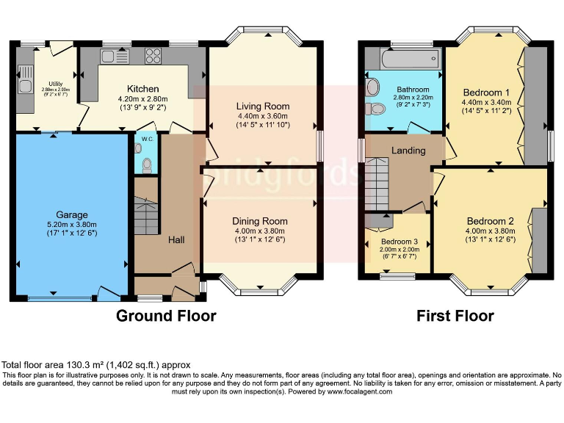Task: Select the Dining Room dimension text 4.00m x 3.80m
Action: pyautogui.click(x=260, y=230)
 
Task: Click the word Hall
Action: pyautogui.click(x=176, y=239)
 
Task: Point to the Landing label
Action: pyautogui.click(x=409, y=151)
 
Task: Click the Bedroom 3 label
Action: pyautogui.click(x=399, y=240)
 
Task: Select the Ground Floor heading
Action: pyautogui.click(x=167, y=316)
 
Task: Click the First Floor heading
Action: pyautogui.click(x=455, y=316)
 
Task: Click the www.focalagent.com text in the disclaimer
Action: pyautogui.click(x=357, y=391)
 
